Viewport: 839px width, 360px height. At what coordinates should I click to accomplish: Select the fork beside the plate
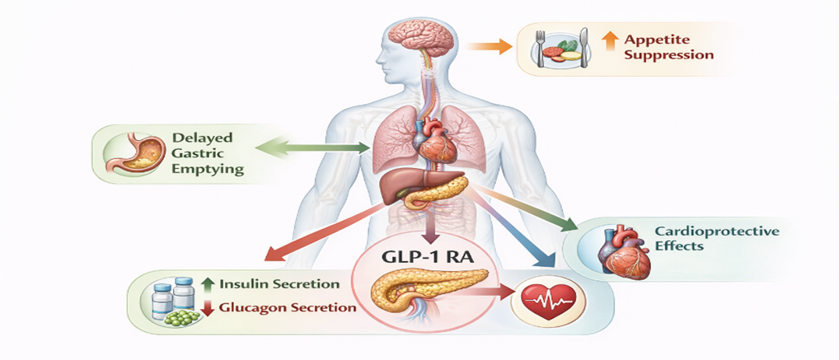click(x=541, y=48)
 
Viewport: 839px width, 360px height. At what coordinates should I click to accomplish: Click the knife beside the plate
click(x=584, y=47)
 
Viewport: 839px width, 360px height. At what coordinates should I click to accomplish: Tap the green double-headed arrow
click(x=313, y=147)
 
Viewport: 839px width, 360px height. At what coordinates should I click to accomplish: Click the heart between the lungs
click(x=436, y=140)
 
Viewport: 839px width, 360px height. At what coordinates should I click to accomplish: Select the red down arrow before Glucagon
click(x=209, y=307)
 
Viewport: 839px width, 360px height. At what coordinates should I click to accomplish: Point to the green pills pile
click(x=182, y=317)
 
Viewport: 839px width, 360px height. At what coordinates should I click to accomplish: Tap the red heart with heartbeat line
click(x=546, y=302)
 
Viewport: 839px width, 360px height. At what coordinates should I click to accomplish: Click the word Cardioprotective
click(x=716, y=231)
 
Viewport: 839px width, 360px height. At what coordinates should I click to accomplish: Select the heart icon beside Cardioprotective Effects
click(x=625, y=252)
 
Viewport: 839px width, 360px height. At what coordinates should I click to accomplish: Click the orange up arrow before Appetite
click(x=609, y=41)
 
